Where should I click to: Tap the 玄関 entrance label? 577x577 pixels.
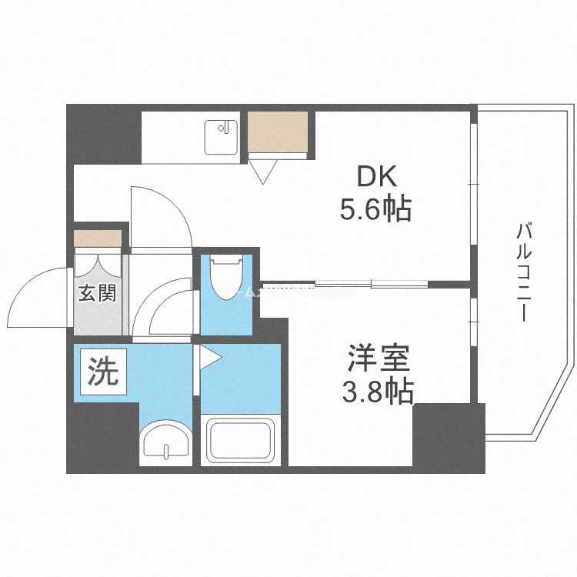point(98,293)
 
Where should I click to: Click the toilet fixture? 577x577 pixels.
point(225,282)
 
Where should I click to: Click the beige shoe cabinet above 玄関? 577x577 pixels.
point(98,238)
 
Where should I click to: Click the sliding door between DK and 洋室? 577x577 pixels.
point(372,283)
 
